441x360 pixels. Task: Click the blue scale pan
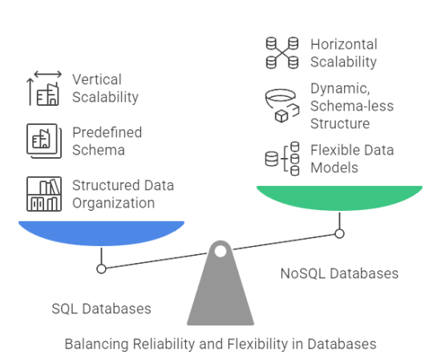[100, 233]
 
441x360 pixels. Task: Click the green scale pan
[338, 196]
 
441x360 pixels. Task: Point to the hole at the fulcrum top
[220, 252]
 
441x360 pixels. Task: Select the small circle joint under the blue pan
[101, 269]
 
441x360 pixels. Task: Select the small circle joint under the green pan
[339, 233]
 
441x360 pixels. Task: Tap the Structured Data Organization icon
[43, 193]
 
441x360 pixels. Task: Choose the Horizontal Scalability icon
[282, 52]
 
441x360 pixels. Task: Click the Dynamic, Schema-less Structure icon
[281, 103]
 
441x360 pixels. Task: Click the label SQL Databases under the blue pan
[100, 309]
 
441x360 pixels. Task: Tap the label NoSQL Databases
[339, 273]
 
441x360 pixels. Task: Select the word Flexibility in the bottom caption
[262, 345]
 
